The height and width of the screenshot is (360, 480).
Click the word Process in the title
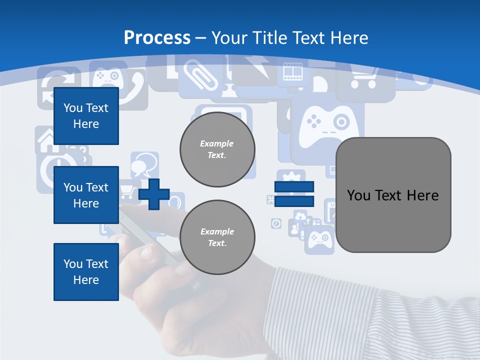157,38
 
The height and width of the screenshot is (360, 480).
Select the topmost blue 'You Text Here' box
86,116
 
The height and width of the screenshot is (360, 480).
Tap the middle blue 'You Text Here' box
86,195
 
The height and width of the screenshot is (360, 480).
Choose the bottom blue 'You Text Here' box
86,271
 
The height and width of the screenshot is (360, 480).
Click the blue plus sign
154,194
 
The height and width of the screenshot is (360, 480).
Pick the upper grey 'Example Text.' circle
217,149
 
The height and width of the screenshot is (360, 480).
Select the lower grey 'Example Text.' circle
217,237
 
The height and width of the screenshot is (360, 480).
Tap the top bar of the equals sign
294,187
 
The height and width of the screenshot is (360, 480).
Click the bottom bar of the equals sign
294,201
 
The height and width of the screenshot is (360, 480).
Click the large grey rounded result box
393,195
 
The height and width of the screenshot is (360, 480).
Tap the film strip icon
293,72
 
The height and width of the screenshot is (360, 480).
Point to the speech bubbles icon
144,164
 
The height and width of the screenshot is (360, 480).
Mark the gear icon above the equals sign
291,177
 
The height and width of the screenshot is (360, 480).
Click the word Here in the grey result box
422,195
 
